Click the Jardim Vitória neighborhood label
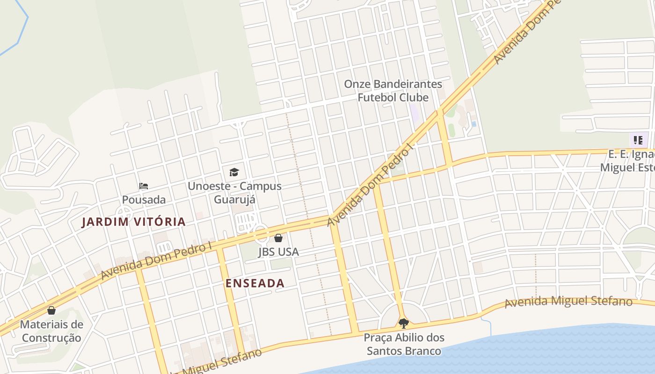tap(134, 222)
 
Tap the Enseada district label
tap(255, 283)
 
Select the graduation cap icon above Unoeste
tap(234, 172)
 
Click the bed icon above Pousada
tap(144, 186)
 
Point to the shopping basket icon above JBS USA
tap(278, 238)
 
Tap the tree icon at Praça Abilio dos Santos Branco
tap(403, 323)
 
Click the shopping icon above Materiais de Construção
tap(51, 310)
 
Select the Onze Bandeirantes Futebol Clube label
tap(393, 91)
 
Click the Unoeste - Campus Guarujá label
tap(234, 193)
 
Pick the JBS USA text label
tap(278, 252)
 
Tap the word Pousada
tap(144, 200)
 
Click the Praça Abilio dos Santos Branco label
tap(404, 344)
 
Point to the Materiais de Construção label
tap(51, 331)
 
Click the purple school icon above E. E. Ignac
tap(638, 140)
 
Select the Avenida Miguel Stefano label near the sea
tap(568, 301)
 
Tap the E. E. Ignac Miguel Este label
tap(627, 160)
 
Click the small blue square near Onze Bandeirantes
tap(473, 124)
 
